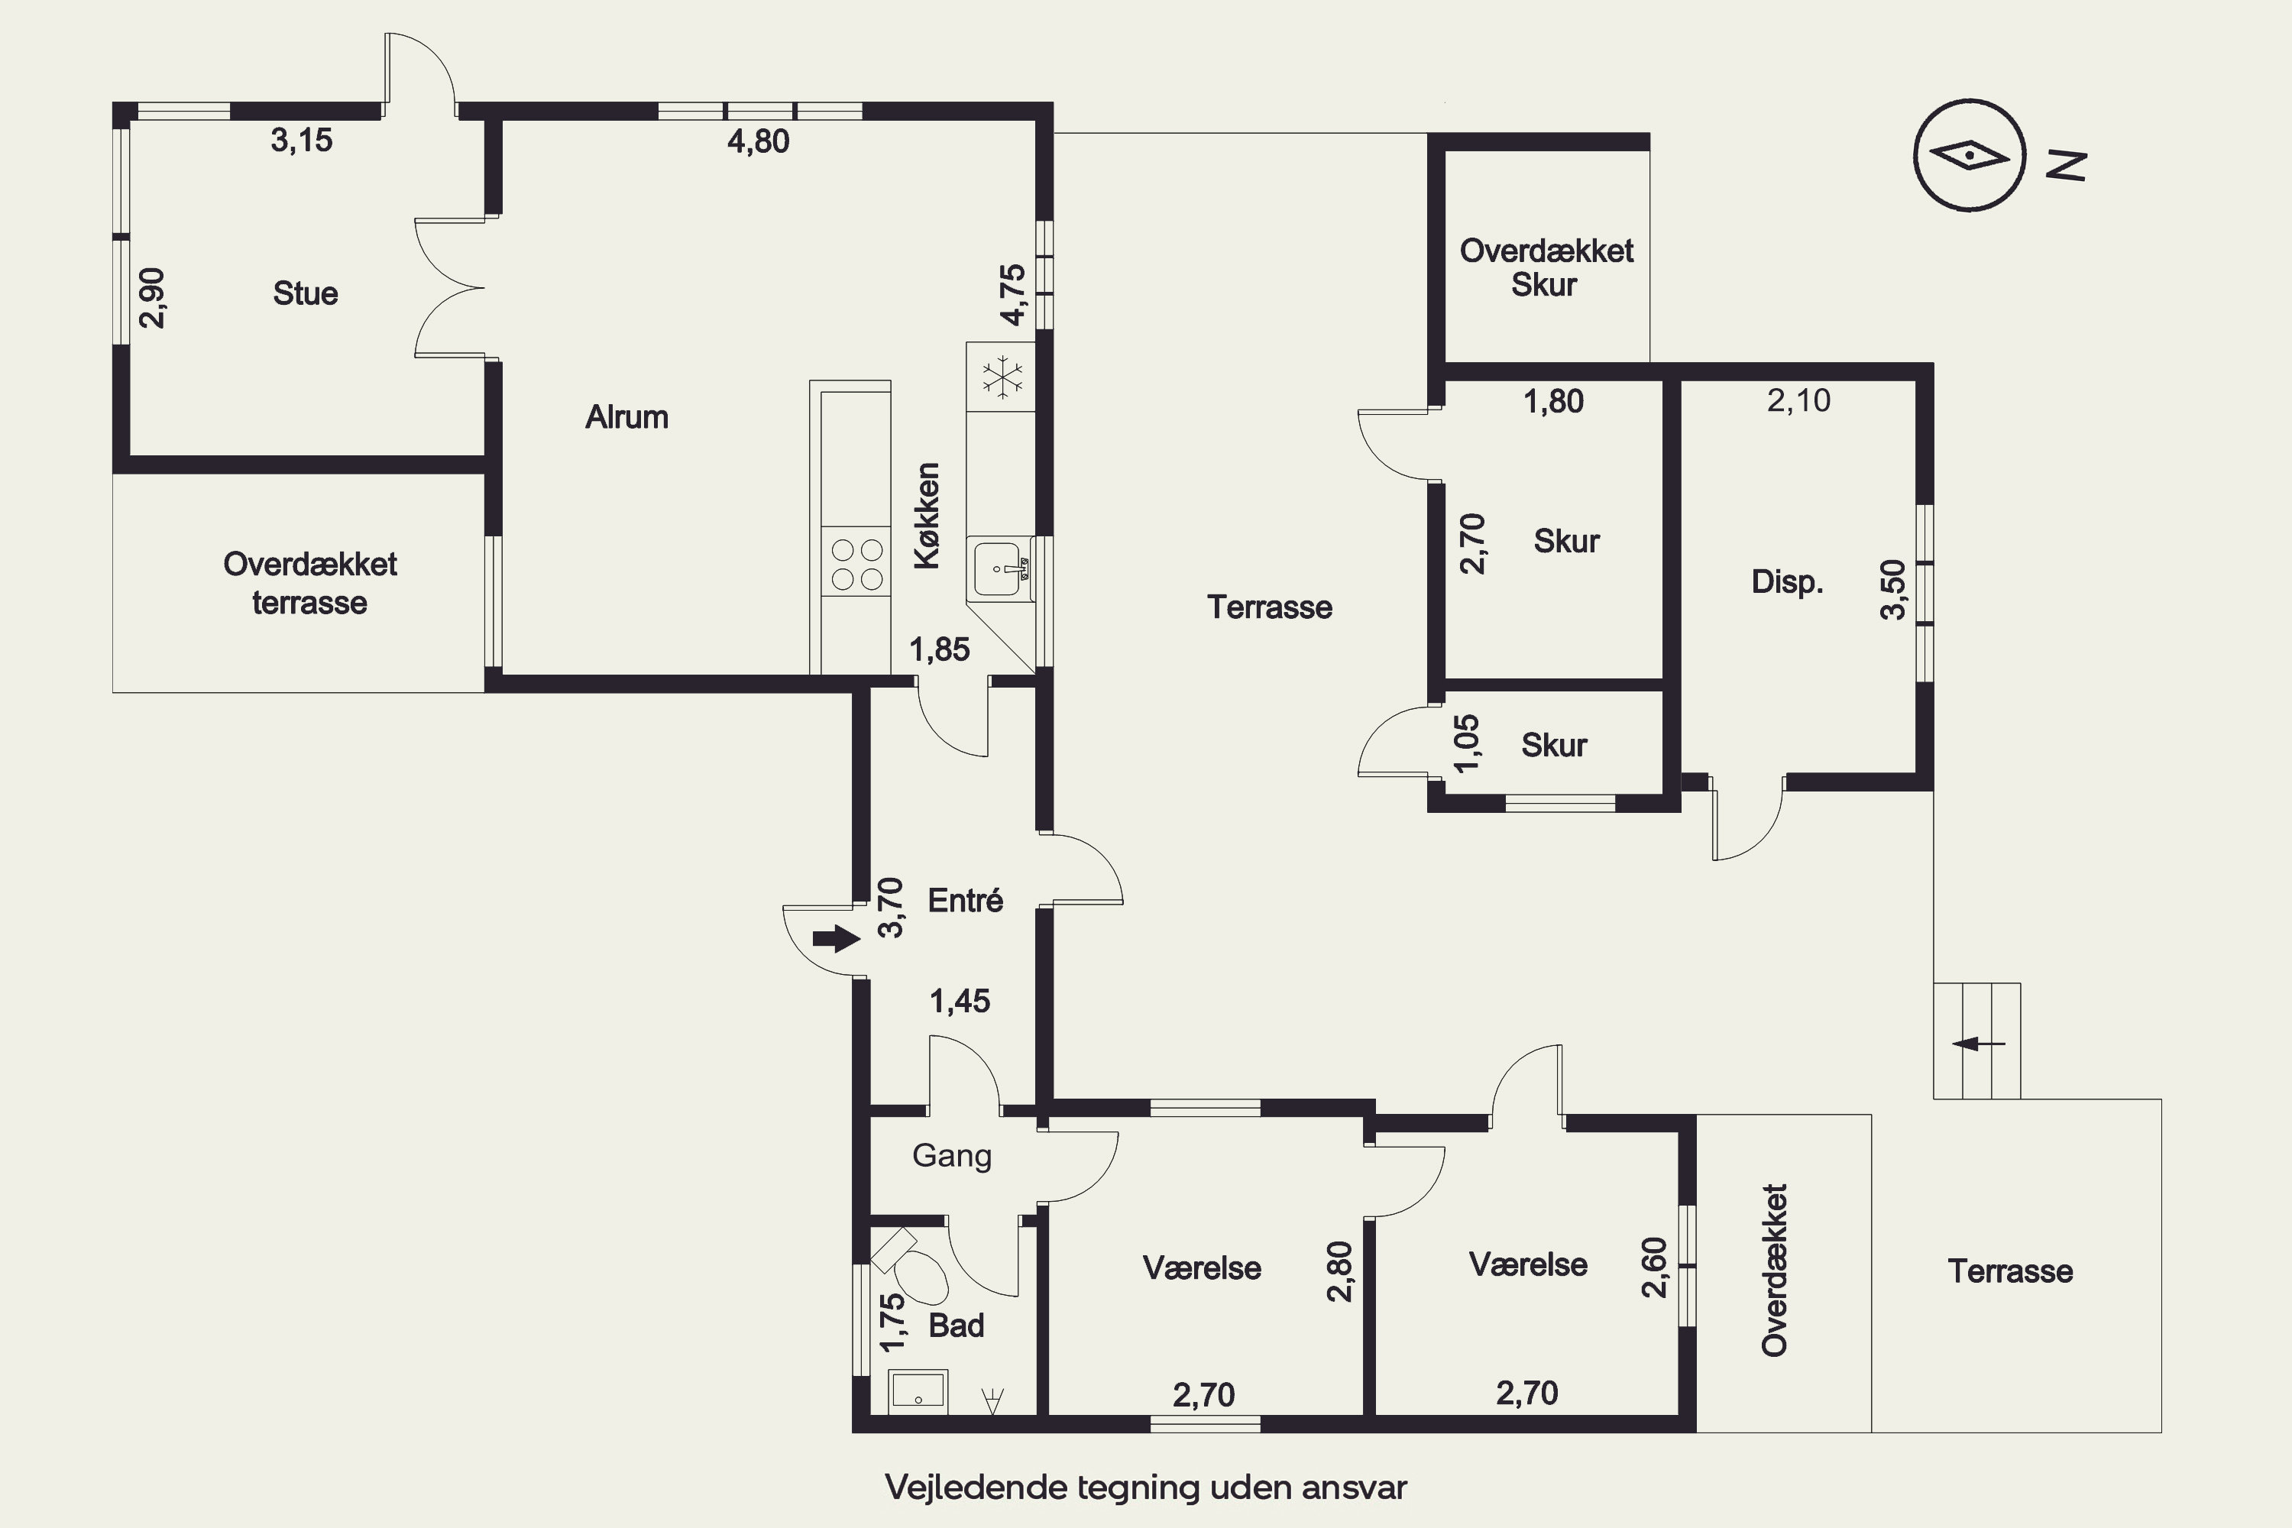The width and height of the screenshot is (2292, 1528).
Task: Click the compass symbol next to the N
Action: (1970, 155)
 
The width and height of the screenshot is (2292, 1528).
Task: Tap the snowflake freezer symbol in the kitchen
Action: (1002, 378)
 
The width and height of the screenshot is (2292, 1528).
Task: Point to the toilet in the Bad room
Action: (911, 1266)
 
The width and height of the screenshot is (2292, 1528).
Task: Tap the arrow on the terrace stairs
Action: (1978, 1044)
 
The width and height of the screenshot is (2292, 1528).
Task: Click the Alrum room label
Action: (626, 417)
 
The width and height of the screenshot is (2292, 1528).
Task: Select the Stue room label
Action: (305, 293)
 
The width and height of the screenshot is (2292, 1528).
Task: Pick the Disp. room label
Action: (1787, 581)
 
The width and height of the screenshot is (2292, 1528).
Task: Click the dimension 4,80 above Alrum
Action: (758, 141)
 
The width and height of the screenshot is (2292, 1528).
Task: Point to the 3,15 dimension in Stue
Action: (301, 141)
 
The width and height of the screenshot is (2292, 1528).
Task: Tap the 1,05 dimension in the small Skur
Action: (1467, 743)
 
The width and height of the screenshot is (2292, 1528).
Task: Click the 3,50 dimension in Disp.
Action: (1892, 590)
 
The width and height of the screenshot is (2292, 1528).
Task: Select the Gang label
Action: (952, 1156)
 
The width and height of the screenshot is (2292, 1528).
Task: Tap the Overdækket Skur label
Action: (1546, 267)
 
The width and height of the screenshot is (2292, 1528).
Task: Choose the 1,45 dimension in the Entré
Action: (960, 1001)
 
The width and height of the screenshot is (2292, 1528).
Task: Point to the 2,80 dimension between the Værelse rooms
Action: (1340, 1271)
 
